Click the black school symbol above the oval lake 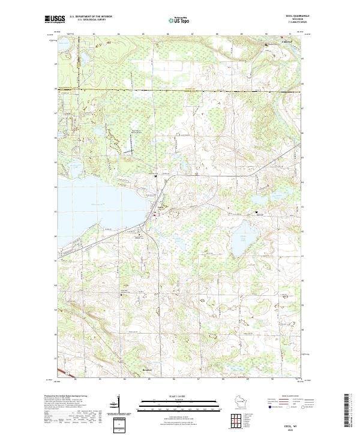[x=259, y=212]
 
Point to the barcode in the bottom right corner [x=346, y=411]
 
